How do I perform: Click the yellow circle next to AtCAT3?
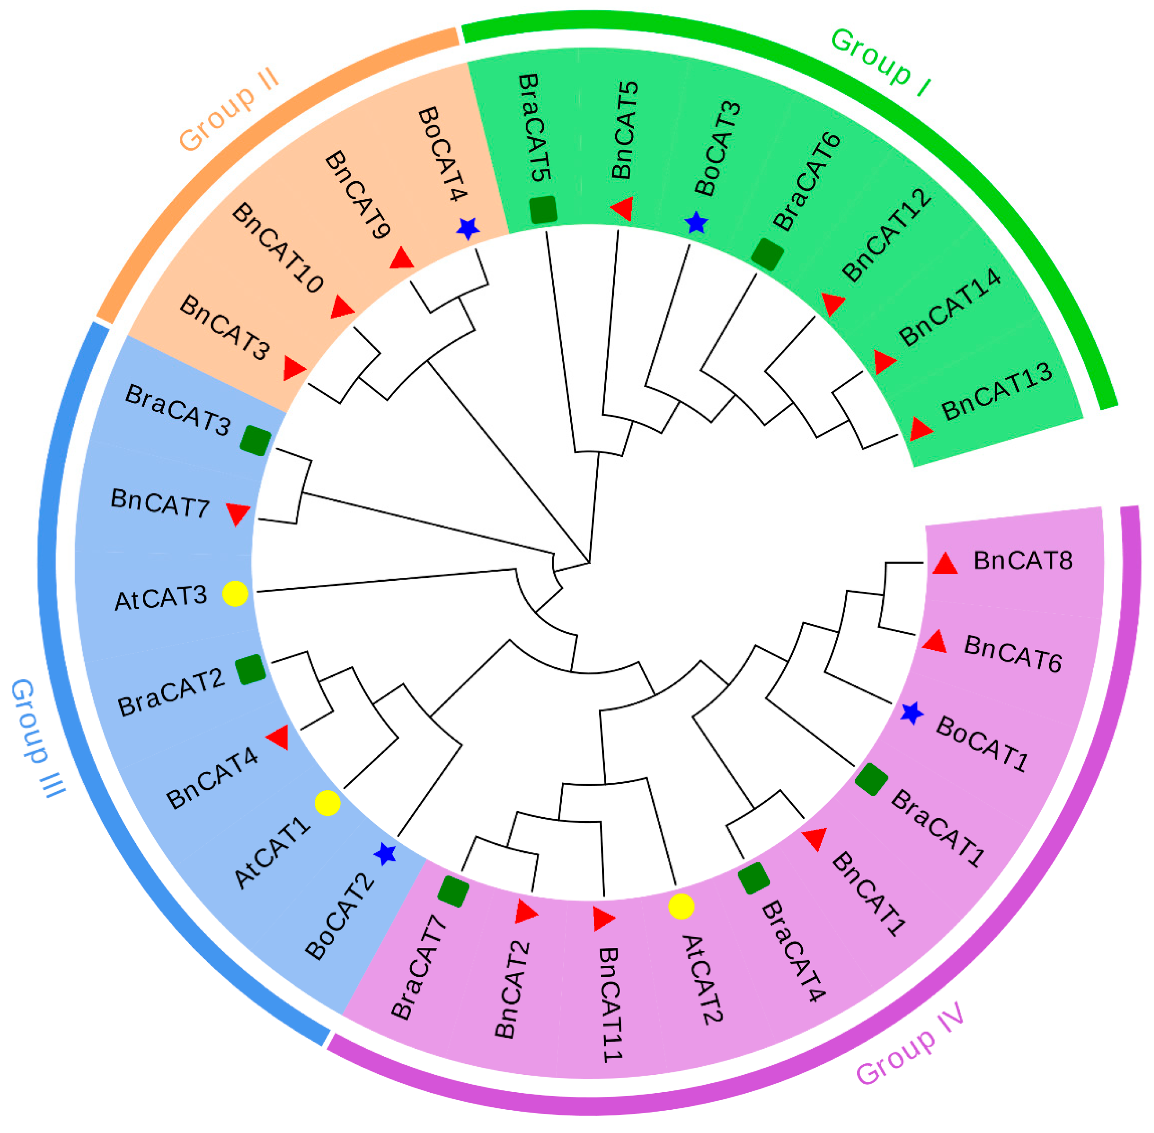235,593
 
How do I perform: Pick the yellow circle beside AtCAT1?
327,803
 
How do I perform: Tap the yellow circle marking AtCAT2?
681,906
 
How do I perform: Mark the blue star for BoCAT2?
385,855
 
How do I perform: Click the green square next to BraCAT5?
543,210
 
